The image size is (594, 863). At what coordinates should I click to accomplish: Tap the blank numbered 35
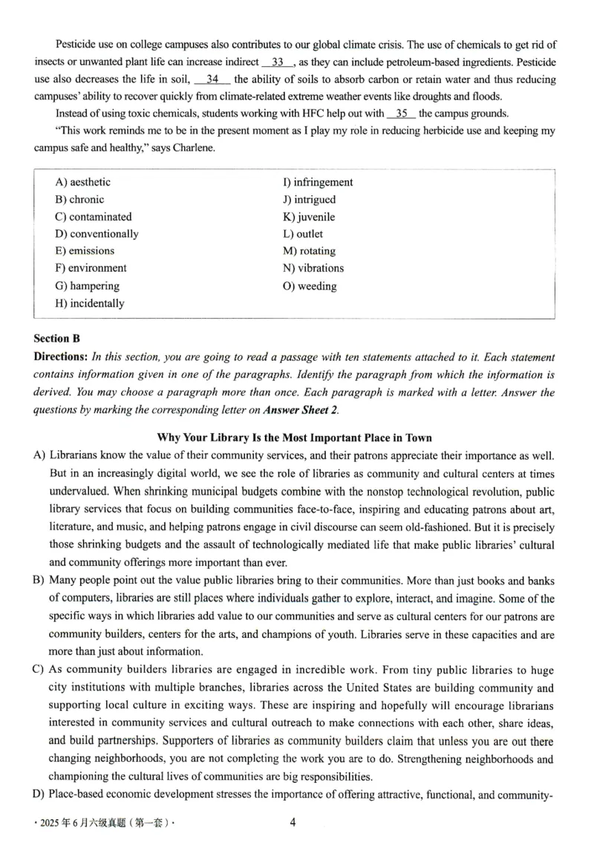coord(402,114)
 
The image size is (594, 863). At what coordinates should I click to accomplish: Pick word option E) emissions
coord(85,251)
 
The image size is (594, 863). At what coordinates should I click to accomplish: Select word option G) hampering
coord(87,286)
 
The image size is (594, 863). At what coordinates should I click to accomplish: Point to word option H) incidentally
coord(90,303)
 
